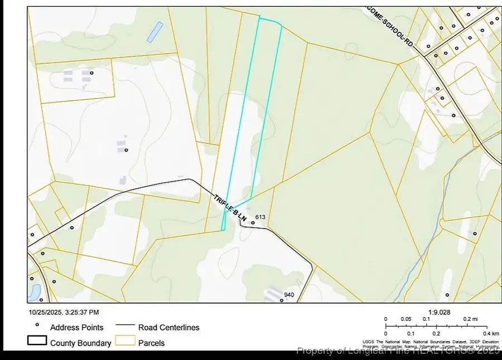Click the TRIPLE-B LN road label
[x=230, y=207]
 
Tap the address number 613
[x=259, y=216]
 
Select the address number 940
[x=289, y=295]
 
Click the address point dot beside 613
[x=253, y=223]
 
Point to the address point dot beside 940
[x=282, y=301]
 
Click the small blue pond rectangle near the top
[x=155, y=32]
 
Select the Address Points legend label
[x=76, y=328]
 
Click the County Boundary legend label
[x=80, y=343]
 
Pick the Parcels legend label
[x=152, y=343]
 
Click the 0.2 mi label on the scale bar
[x=471, y=319]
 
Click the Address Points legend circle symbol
[x=37, y=325]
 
